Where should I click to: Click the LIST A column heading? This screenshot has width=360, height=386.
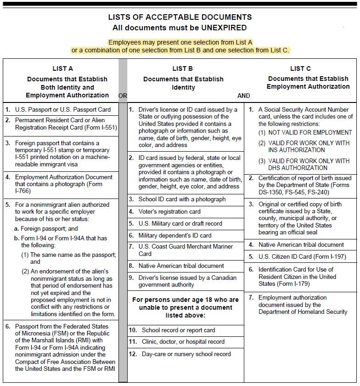62,68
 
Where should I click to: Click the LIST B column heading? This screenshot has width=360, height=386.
183,68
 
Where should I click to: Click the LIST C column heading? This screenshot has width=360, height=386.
301,68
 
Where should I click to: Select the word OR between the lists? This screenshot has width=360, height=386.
123,96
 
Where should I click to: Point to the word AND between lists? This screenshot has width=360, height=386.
243,96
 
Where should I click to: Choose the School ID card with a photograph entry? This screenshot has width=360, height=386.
182,199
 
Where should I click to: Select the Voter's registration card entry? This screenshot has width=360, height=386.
169,212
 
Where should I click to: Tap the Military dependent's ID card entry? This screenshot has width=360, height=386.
175,235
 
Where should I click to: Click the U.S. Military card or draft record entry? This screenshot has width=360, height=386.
180,223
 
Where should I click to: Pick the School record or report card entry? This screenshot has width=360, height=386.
178,330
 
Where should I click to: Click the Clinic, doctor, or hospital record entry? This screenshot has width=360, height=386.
183,341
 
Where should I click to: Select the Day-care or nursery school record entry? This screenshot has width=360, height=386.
186,354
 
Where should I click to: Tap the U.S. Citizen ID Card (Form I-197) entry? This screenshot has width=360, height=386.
302,256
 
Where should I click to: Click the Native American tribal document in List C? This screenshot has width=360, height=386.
301,244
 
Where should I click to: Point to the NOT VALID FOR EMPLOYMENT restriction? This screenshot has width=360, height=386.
310,132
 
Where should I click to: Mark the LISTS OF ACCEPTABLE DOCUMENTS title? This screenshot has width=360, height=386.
180,17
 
